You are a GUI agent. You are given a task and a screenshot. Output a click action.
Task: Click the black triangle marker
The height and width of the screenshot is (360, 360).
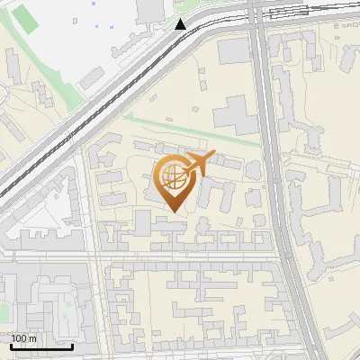[181, 24]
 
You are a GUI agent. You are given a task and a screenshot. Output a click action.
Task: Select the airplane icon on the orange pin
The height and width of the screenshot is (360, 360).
[197, 162]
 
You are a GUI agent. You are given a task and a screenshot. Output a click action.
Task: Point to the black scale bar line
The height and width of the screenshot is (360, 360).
[41, 346]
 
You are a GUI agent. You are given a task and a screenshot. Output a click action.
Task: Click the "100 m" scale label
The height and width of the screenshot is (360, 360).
[24, 338]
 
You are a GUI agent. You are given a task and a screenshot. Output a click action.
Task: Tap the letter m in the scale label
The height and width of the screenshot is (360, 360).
[33, 338]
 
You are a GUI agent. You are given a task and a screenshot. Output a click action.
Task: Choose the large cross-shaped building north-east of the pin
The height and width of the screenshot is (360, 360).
[232, 117]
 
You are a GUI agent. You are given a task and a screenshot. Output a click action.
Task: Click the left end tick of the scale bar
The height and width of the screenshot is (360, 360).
[12, 346]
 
